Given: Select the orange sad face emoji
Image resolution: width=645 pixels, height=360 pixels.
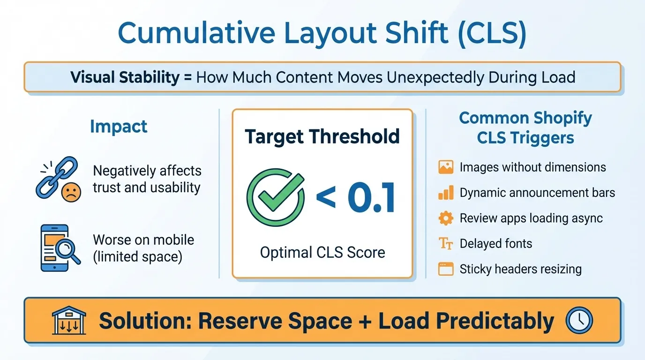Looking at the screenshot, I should point(71,193).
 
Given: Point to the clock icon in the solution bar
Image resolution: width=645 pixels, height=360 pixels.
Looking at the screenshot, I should point(579,321).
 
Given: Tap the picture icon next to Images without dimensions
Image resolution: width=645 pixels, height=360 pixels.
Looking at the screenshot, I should point(446,167).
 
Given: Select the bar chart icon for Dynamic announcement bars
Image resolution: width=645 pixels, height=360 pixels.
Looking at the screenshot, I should point(446,192).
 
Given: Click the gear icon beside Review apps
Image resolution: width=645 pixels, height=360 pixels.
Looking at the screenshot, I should point(446,218).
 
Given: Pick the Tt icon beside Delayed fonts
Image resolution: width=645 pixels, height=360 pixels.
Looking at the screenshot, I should point(446,243).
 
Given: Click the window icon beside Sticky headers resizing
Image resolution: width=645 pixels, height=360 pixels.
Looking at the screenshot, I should point(446,269).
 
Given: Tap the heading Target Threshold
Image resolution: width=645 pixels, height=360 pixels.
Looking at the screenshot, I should point(322,136).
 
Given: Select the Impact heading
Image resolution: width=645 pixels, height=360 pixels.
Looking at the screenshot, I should point(119,127).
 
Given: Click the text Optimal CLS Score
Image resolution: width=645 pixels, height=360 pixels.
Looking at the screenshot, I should point(322,252).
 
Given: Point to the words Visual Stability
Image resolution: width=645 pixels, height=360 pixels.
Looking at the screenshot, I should point(125,77).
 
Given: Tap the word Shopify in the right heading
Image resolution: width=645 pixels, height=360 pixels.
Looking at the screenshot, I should point(558,118).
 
